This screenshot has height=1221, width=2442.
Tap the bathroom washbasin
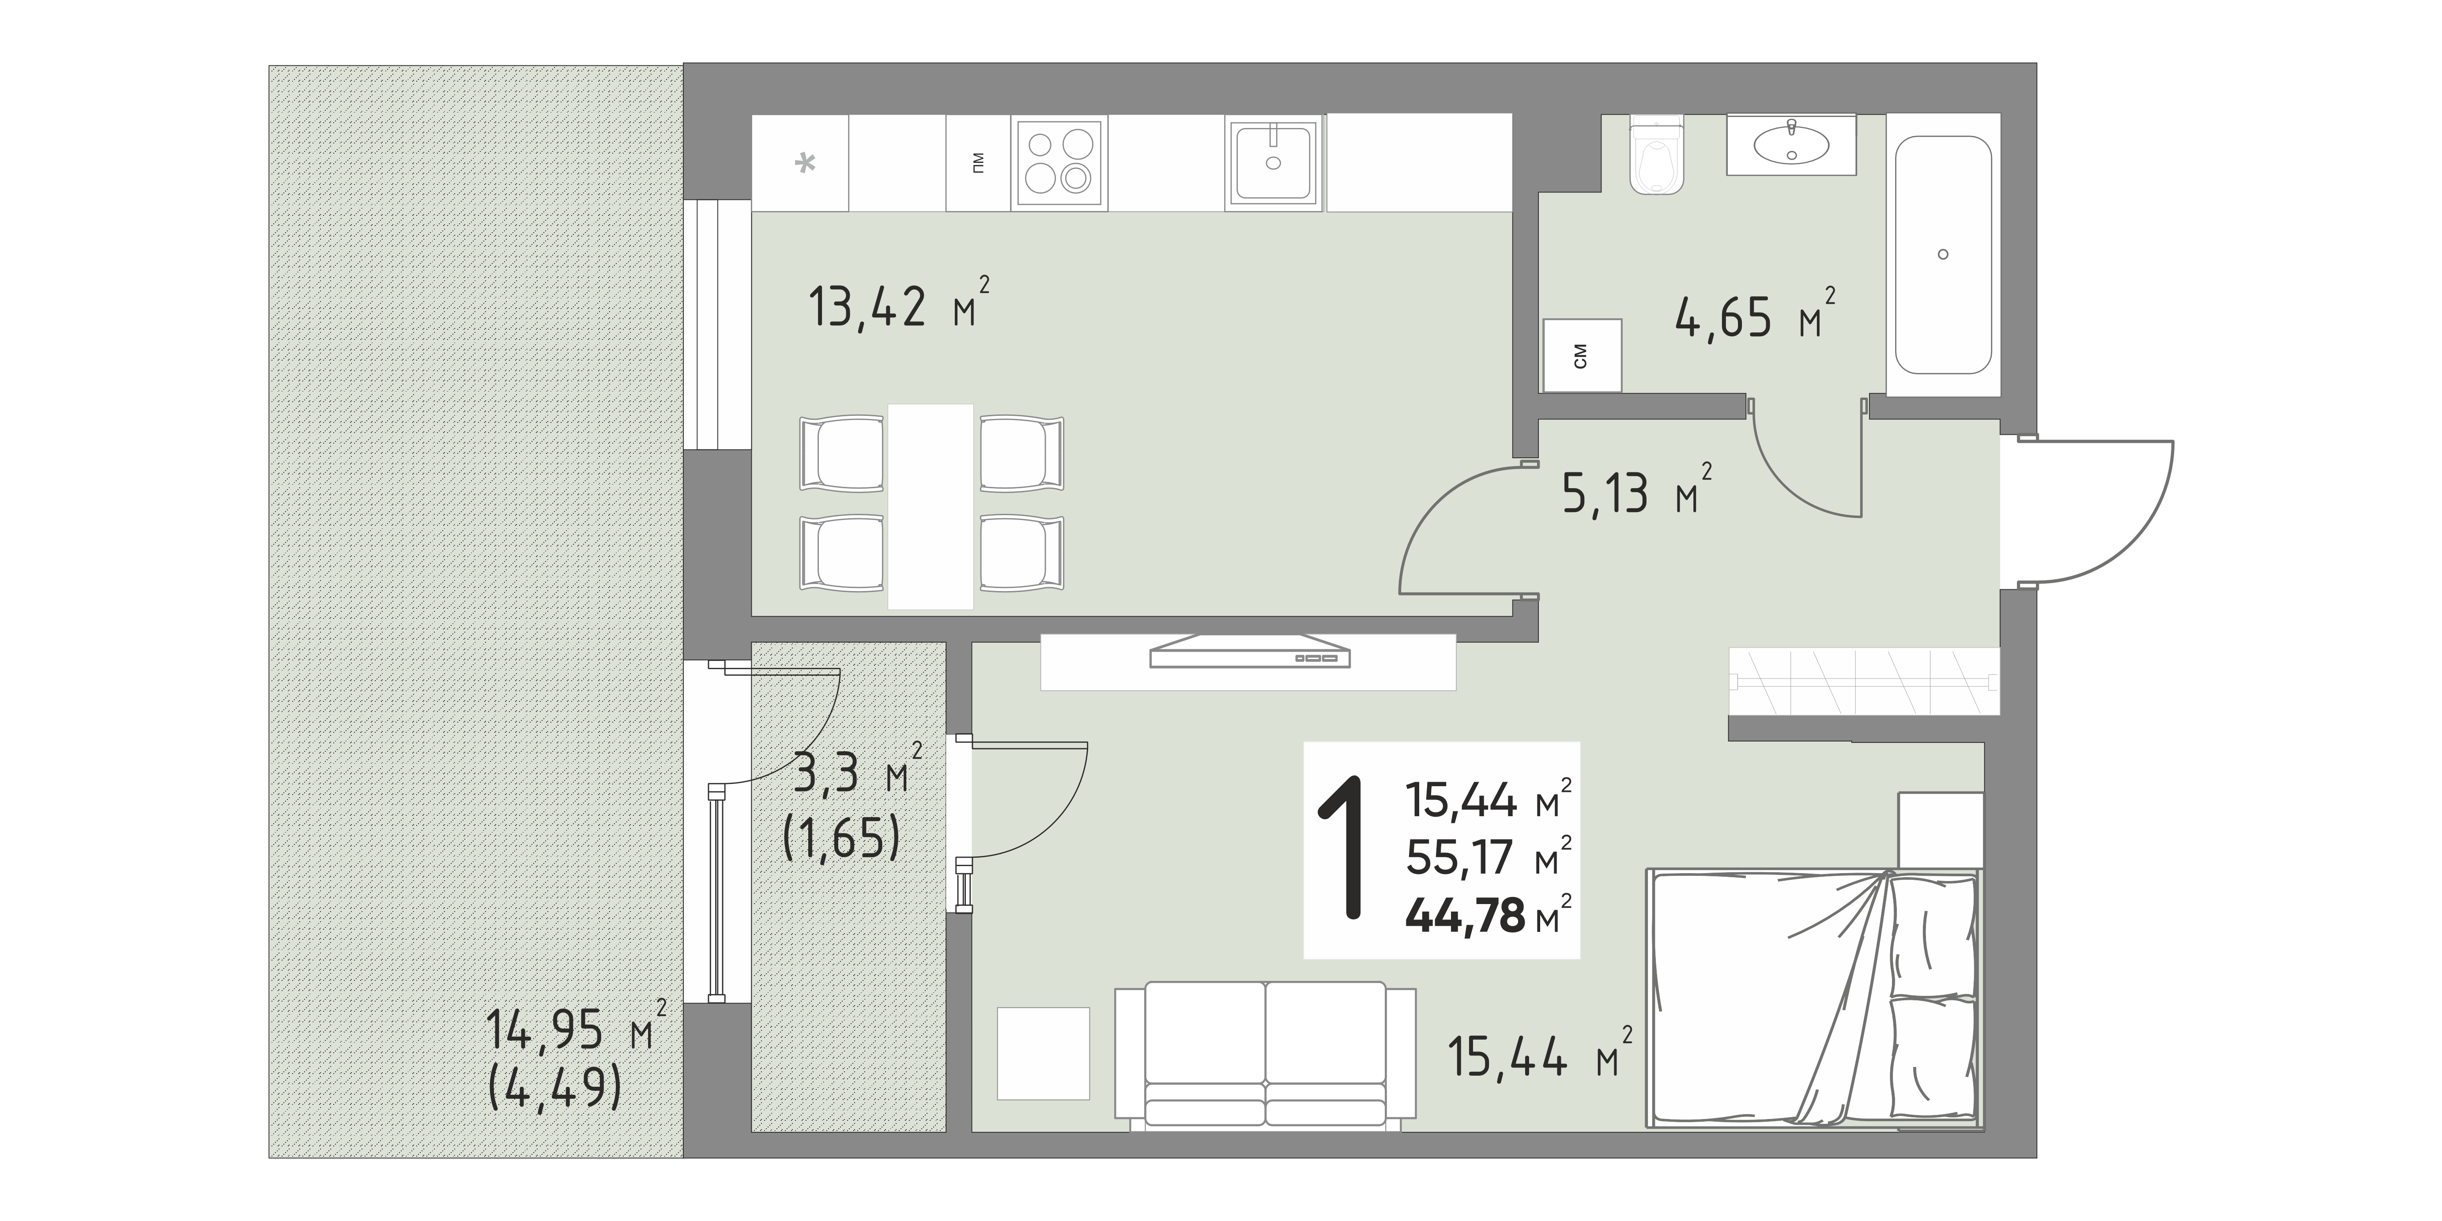point(1791,145)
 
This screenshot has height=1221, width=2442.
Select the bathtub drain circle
point(1943,254)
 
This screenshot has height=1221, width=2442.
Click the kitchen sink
point(1273,163)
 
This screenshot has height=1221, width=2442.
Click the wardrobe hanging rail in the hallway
point(1864,681)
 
